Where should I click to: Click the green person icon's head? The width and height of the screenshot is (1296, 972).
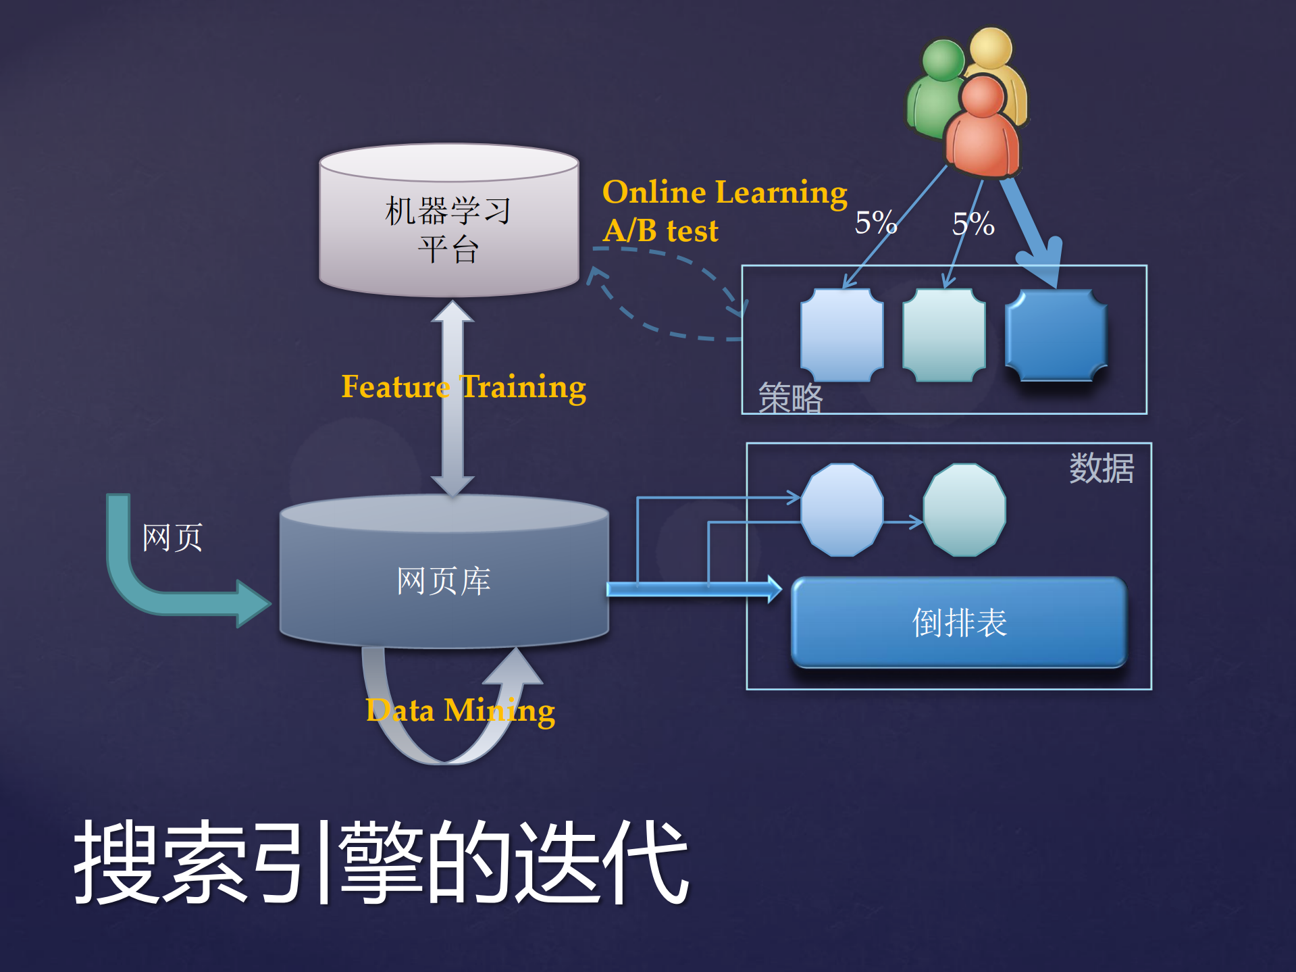pyautogui.click(x=943, y=60)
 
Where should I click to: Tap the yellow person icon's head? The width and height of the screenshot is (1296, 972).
pyautogui.click(x=991, y=47)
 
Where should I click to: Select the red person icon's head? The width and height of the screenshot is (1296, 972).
pyautogui.click(x=982, y=97)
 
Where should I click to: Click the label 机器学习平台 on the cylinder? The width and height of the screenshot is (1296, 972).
pyautogui.click(x=448, y=230)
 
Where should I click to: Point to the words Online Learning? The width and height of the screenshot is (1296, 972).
pyautogui.click(x=724, y=193)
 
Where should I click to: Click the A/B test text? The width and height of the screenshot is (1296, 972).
pyautogui.click(x=660, y=231)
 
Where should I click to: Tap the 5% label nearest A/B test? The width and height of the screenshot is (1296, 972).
pyautogui.click(x=875, y=223)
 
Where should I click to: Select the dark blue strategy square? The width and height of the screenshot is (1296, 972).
pyautogui.click(x=1056, y=335)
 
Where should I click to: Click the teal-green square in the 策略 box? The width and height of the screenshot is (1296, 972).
pyautogui.click(x=943, y=335)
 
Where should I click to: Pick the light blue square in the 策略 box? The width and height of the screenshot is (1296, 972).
pyautogui.click(x=841, y=335)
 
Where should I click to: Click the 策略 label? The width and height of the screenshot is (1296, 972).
pyautogui.click(x=789, y=398)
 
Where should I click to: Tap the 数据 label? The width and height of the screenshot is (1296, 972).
pyautogui.click(x=1101, y=468)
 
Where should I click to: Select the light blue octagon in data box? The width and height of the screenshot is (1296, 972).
pyautogui.click(x=841, y=510)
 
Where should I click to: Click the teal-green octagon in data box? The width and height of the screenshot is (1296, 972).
pyautogui.click(x=964, y=510)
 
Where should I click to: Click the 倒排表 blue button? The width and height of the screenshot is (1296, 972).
pyautogui.click(x=959, y=622)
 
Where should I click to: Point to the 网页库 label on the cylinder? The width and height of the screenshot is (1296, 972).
pyautogui.click(x=444, y=581)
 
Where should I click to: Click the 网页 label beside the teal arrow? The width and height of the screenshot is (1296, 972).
pyautogui.click(x=172, y=538)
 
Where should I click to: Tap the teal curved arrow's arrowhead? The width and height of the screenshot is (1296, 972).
pyautogui.click(x=253, y=603)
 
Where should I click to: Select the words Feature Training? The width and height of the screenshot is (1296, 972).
pyautogui.click(x=463, y=387)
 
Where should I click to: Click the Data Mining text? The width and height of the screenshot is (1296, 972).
pyautogui.click(x=460, y=711)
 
